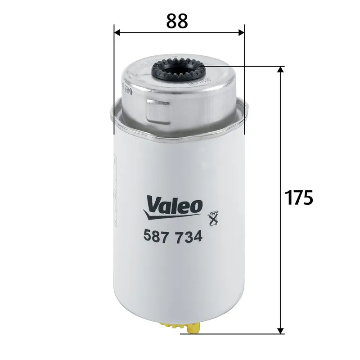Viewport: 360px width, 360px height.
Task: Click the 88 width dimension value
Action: click(177, 20)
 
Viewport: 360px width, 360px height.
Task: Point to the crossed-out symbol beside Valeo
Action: click(211, 218)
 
